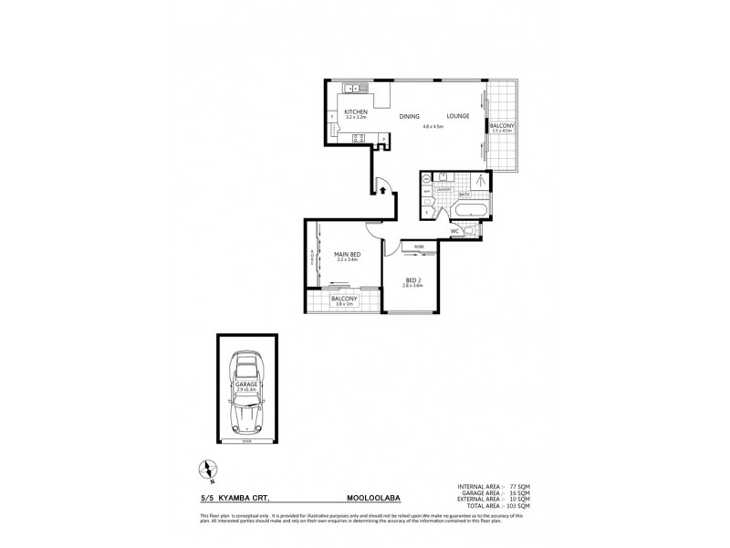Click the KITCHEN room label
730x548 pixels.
pyautogui.click(x=356, y=111)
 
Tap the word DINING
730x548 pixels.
pyautogui.click(x=410, y=116)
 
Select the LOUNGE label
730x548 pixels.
pyautogui.click(x=458, y=116)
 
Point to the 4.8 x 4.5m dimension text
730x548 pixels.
pyautogui.click(x=433, y=127)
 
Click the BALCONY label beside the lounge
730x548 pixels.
pyautogui.click(x=501, y=125)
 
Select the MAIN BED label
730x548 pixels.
pyautogui.click(x=347, y=254)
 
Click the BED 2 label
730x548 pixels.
pyautogui.click(x=413, y=279)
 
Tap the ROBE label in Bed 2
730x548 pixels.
pyautogui.click(x=419, y=247)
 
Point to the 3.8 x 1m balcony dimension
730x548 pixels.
pyautogui.click(x=343, y=306)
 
